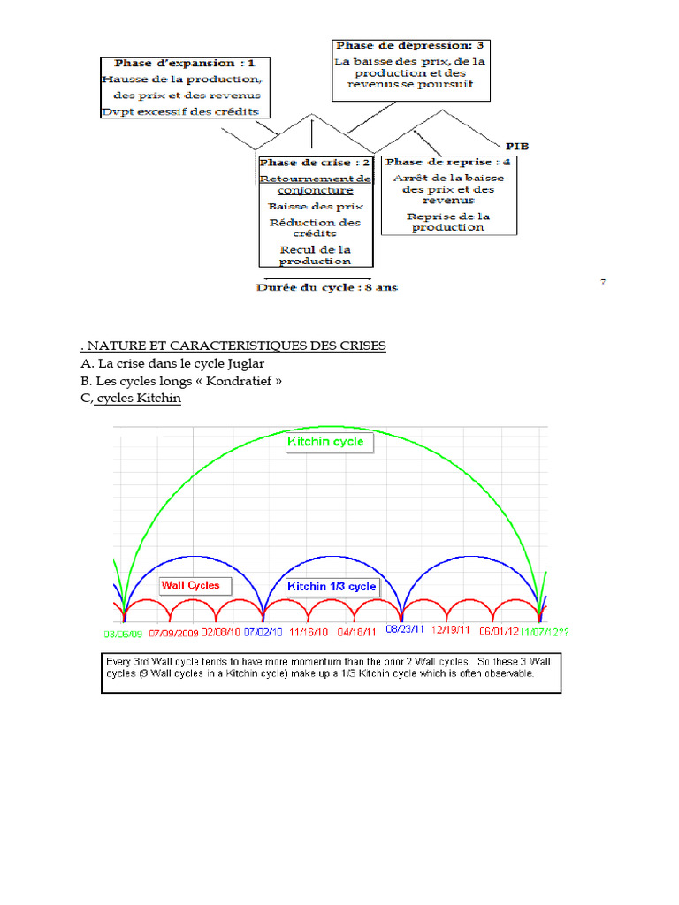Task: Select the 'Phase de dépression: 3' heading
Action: tap(409, 44)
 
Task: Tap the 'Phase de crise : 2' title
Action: tap(315, 163)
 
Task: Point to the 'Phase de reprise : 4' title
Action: tap(448, 163)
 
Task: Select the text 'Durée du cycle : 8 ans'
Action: tap(327, 286)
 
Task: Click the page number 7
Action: tap(603, 282)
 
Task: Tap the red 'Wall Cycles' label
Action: tap(190, 585)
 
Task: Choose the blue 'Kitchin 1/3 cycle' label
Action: tap(332, 586)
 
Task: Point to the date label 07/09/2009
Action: tap(174, 633)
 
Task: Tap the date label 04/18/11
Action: tap(359, 633)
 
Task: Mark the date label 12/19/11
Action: tap(451, 632)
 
